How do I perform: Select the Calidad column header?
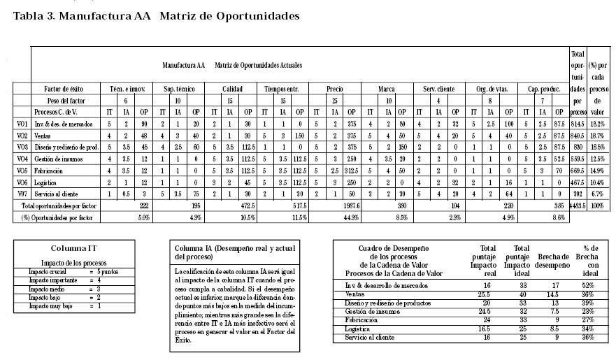(x=232, y=89)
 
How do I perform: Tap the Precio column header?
(x=334, y=89)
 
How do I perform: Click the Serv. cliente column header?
(x=438, y=89)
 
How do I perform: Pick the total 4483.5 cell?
(x=578, y=206)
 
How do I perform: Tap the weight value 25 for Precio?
(x=334, y=101)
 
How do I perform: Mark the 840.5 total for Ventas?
(x=578, y=136)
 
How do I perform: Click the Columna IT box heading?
(x=68, y=248)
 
